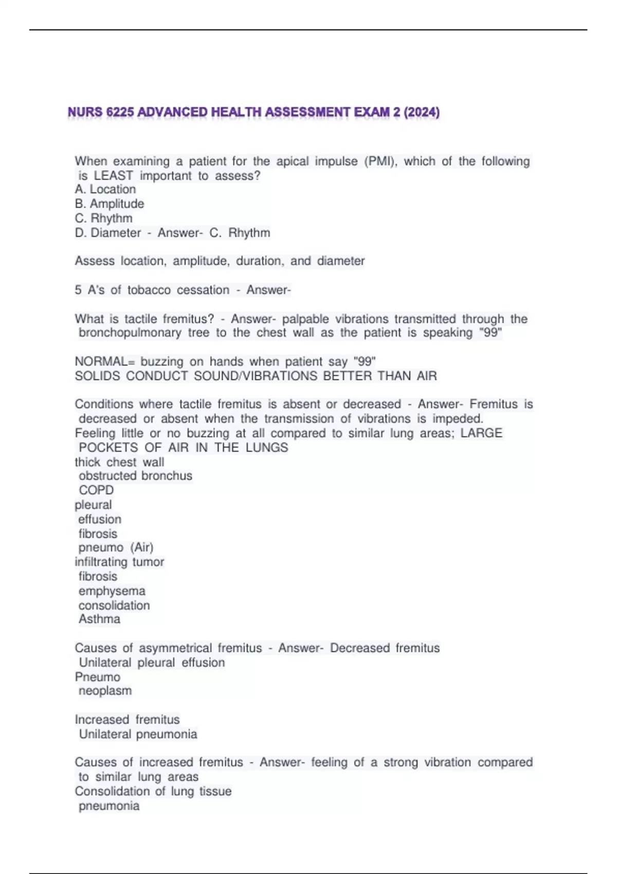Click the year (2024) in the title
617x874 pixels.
[x=422, y=112]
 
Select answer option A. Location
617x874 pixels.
[x=105, y=189]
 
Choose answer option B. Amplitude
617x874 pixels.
[x=109, y=204]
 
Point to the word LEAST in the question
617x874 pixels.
[x=113, y=176]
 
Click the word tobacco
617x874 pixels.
[x=149, y=290]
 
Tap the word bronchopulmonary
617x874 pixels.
[x=130, y=333]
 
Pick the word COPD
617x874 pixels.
[x=96, y=490]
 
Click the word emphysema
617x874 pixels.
[x=112, y=591]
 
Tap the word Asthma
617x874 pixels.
[x=99, y=619]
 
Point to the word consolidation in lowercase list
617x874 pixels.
[x=114, y=605]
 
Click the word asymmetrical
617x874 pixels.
[x=175, y=648]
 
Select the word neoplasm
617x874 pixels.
[x=105, y=690]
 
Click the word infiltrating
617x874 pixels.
[x=101, y=562]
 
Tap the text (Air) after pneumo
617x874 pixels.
[x=142, y=548]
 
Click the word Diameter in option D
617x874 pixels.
[x=115, y=233]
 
